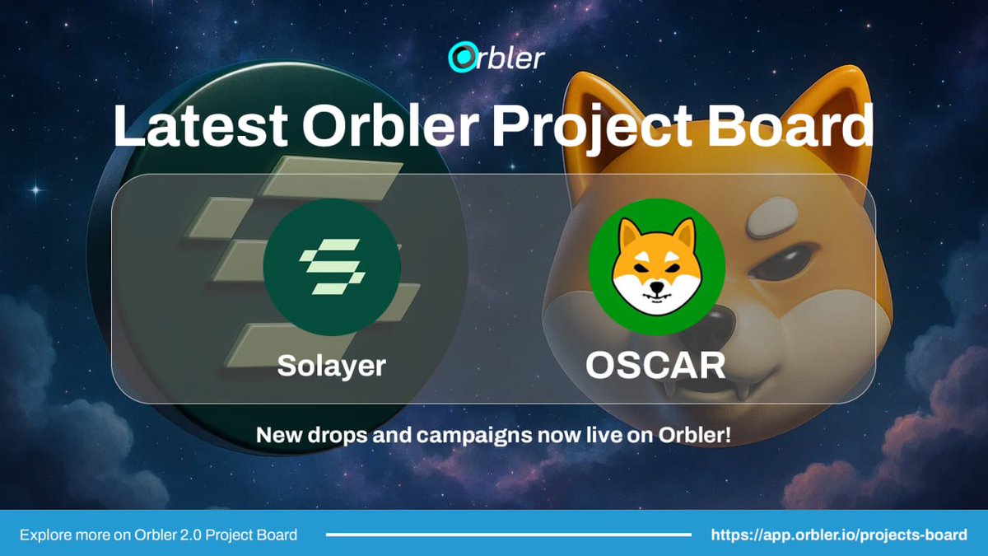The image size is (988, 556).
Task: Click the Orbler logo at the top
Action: (495, 58)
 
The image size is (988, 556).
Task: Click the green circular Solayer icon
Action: (332, 266)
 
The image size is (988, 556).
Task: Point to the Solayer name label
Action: (331, 365)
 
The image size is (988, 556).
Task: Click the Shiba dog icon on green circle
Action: (656, 266)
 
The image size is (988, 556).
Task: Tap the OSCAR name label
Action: (655, 366)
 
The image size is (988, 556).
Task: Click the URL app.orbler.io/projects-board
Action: (839, 535)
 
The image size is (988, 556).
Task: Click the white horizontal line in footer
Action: (508, 535)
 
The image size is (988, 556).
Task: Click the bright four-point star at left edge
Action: (34, 190)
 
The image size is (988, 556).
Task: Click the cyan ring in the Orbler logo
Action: (459, 58)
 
